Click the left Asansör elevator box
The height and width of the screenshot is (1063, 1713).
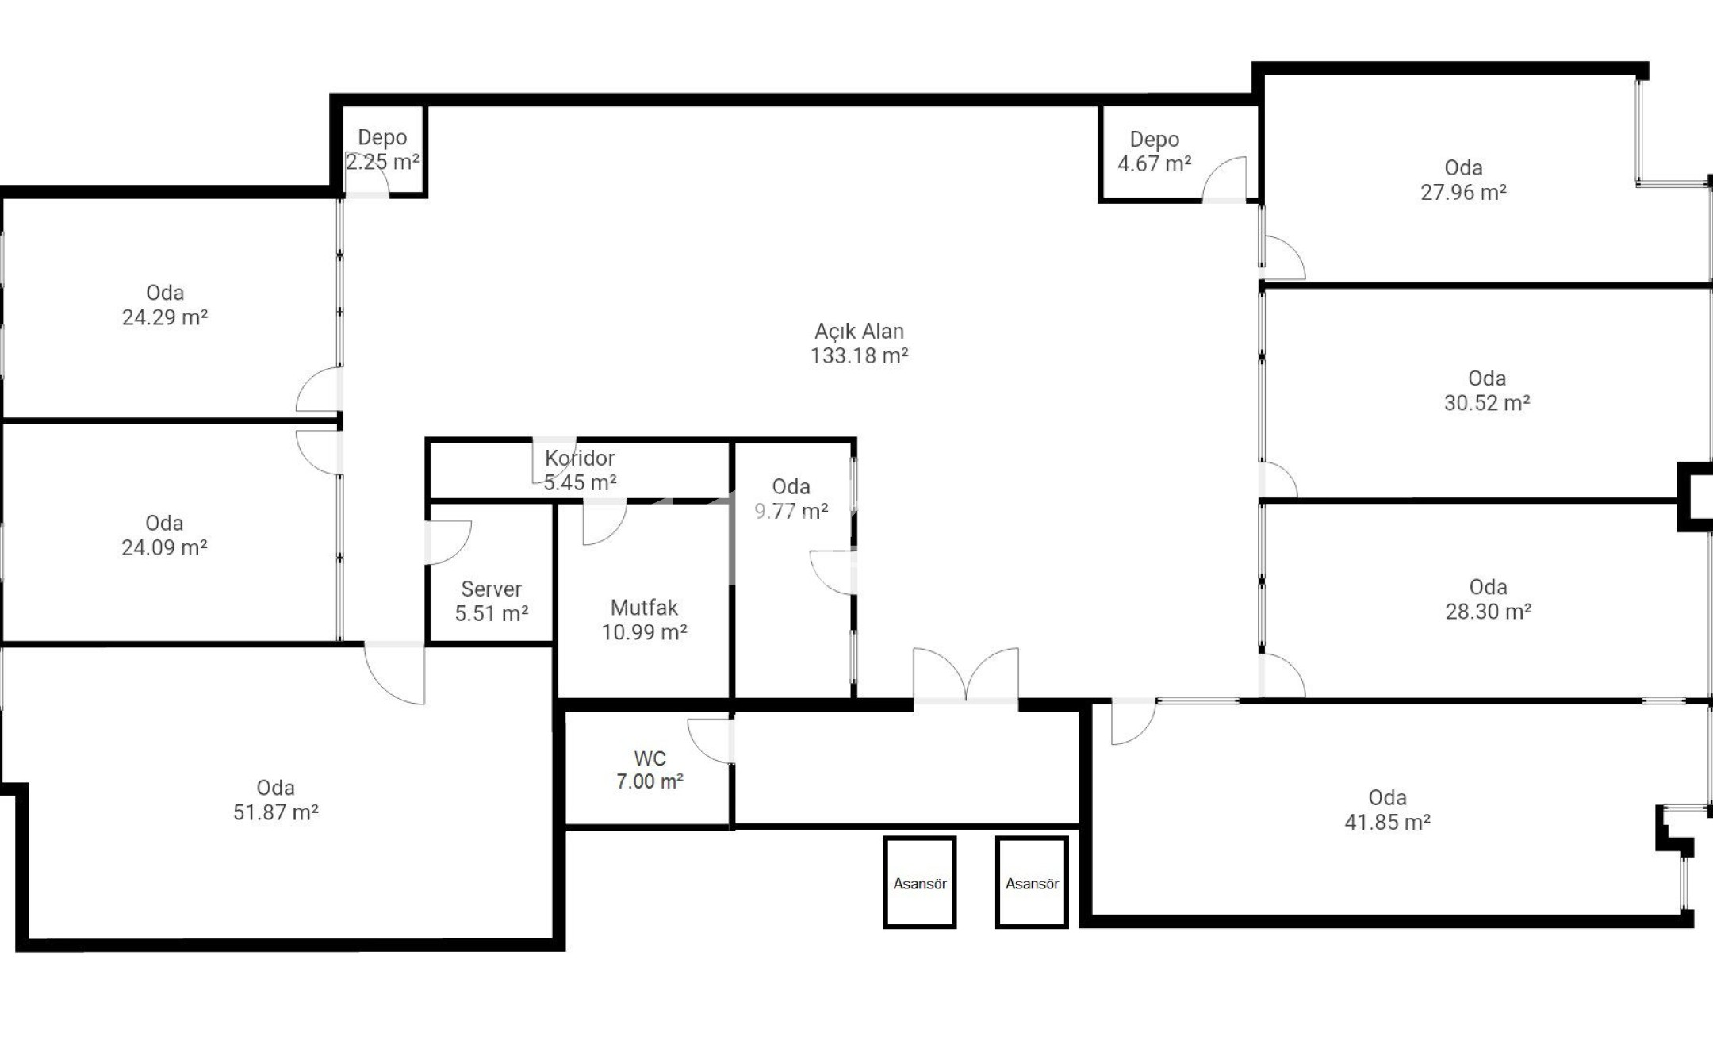pos(920,882)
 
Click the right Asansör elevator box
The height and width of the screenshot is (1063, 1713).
pos(1032,882)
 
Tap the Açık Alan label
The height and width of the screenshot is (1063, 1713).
pos(859,332)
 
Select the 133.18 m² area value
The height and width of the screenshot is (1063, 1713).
pos(859,356)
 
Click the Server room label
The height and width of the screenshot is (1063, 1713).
pos(491,589)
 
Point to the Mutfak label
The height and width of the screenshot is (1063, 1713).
pos(644,608)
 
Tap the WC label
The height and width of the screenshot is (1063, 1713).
pos(650,758)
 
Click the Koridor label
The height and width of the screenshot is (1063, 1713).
pos(580,459)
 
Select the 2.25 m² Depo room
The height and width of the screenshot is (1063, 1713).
pos(383,150)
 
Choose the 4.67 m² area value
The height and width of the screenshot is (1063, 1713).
pos(1155,164)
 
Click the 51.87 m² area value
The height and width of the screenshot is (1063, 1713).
pos(275,812)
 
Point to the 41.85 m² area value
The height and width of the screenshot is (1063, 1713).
pos(1387,823)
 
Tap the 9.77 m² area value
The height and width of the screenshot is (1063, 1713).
pos(791,512)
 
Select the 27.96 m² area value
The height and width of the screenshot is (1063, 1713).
pos(1463,193)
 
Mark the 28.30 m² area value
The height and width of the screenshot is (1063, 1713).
pos(1488,612)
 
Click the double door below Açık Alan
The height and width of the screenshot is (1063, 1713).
pos(966,676)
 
